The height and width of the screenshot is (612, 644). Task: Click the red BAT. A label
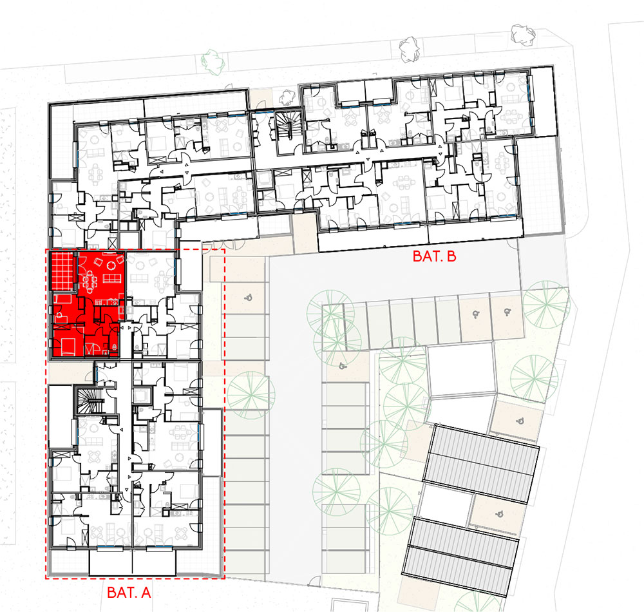[x=129, y=593]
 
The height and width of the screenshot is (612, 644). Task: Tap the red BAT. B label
[x=435, y=256]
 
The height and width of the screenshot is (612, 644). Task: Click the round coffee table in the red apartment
[x=111, y=266]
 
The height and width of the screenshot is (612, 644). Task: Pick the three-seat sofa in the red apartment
[x=111, y=278]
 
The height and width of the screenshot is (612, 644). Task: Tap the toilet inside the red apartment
[x=114, y=347]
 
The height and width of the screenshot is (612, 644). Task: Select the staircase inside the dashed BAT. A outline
[x=89, y=400]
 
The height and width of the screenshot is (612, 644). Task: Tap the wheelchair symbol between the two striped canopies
[x=499, y=513]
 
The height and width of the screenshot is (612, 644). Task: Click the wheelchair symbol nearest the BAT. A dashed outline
[x=248, y=297]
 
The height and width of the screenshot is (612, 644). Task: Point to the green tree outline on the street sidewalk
[x=213, y=62]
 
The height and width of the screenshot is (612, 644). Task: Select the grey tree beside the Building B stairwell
[x=287, y=97]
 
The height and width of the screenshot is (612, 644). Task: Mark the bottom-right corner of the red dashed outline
[x=225, y=579]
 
